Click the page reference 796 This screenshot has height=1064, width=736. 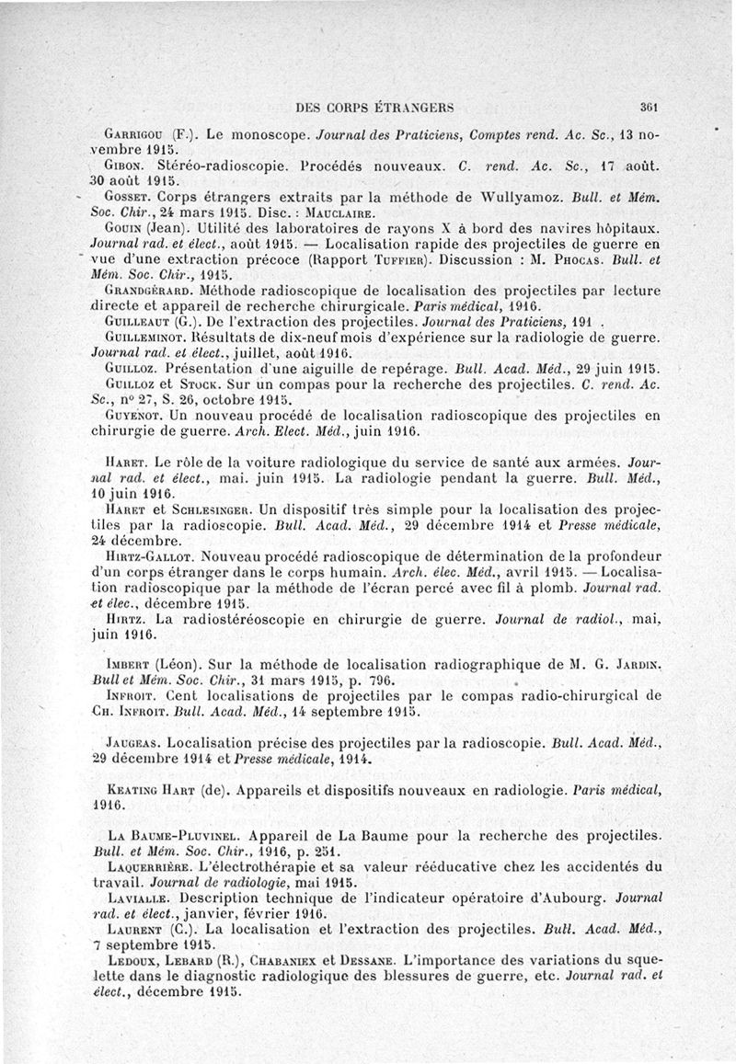pos(355,681)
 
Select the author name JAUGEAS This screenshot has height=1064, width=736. pos(132,741)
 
